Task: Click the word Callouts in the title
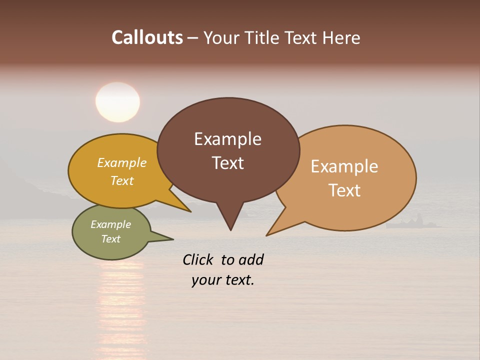(147, 37)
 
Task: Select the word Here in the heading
(341, 37)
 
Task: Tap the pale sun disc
(117, 101)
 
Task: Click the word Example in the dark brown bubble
(227, 139)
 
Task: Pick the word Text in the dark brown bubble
(227, 163)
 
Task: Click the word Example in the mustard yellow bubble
(122, 162)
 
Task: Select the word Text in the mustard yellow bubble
(122, 180)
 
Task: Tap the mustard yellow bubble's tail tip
(190, 211)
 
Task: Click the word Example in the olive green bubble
(111, 224)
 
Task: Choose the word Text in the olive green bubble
(111, 239)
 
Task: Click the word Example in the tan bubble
(344, 166)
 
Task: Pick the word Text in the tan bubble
(344, 190)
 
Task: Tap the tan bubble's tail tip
(267, 235)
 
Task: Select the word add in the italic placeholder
(250, 259)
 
